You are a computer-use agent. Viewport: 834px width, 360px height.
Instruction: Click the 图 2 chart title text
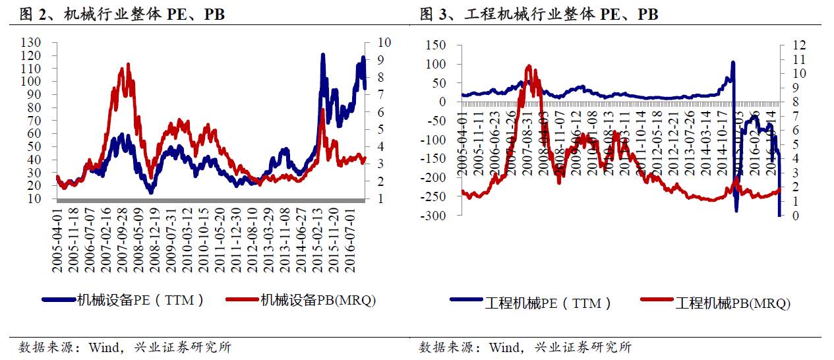[123, 15]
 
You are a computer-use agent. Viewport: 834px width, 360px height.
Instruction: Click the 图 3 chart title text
[539, 15]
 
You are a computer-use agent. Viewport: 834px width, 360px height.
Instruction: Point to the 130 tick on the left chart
[32, 42]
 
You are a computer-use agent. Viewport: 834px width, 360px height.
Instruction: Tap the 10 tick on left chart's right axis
[384, 42]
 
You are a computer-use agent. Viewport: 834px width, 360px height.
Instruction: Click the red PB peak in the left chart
[127, 65]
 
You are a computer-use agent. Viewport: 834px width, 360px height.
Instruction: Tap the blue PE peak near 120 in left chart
[323, 55]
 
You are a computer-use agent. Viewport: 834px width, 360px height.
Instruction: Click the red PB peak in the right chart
[529, 66]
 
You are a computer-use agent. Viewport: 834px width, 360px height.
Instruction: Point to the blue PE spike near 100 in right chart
[732, 63]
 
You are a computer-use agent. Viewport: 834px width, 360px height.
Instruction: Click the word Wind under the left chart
[105, 347]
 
